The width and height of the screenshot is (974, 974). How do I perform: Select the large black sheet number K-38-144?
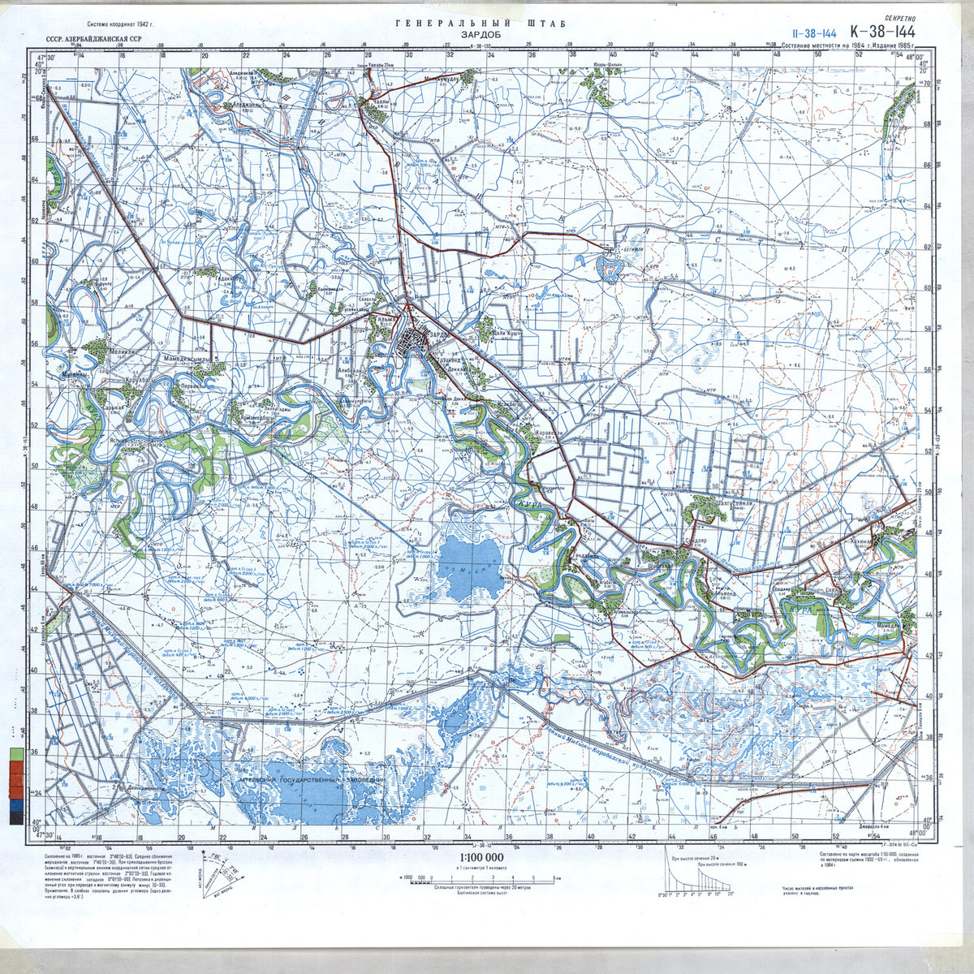pyautogui.click(x=889, y=31)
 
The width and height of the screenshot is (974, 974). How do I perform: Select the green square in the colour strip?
pyautogui.click(x=16, y=754)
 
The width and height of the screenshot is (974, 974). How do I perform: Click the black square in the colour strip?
pyautogui.click(x=16, y=818)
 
